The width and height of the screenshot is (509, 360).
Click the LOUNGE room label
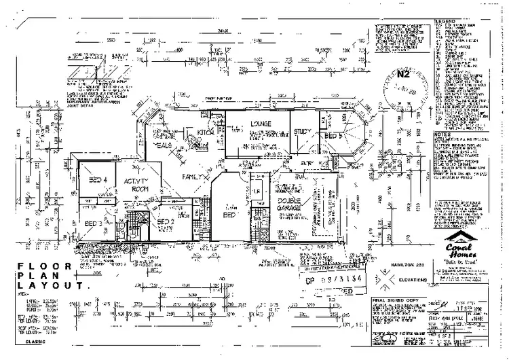261,124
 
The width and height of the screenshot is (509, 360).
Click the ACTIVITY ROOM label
137,185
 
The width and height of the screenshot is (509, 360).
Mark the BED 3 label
92,223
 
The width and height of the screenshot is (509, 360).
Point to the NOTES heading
442,134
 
